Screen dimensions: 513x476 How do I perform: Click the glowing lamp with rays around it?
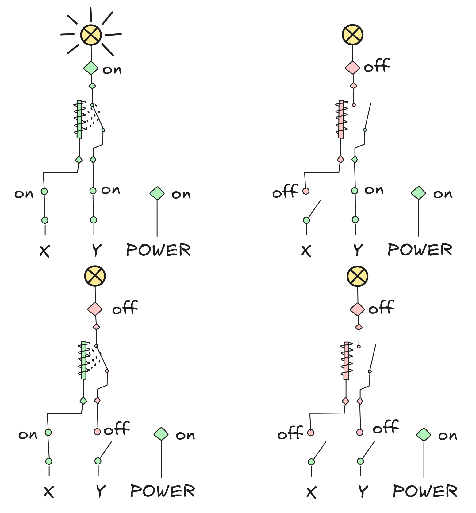[91, 35]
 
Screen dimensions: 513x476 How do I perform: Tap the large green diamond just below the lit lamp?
[91, 68]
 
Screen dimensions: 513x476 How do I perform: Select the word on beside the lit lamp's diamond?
[112, 70]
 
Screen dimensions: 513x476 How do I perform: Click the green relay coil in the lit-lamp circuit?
[79, 119]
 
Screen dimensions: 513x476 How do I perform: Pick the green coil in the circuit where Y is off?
[84, 360]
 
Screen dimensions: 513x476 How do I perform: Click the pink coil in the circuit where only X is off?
[341, 119]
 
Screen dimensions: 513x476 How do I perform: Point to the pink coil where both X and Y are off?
[346, 361]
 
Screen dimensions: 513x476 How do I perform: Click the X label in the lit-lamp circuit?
[45, 251]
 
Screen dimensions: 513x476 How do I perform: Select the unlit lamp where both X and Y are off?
[357, 276]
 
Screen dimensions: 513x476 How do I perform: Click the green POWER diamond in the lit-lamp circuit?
[157, 193]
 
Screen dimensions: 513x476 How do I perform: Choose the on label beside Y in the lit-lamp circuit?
[111, 190]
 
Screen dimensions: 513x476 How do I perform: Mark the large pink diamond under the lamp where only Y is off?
[95, 309]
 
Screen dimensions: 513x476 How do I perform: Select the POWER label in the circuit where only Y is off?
[163, 491]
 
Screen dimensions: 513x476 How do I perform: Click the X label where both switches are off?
[311, 492]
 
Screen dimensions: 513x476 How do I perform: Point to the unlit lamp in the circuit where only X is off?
[353, 35]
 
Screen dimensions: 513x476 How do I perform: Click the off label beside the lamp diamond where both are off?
[382, 307]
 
